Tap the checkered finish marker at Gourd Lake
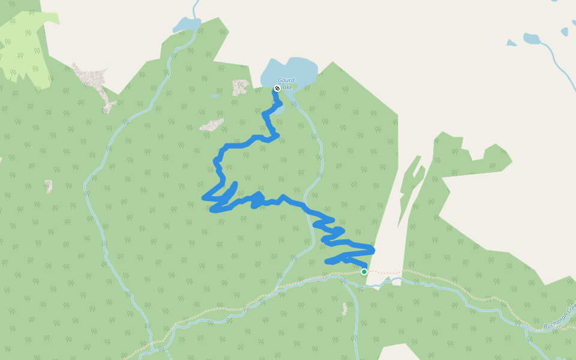(277, 88)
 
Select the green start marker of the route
(364, 272)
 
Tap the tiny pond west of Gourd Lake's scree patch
(215, 95)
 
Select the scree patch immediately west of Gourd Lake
(240, 86)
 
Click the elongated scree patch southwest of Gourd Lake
(211, 125)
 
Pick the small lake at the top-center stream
(186, 25)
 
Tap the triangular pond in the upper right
(511, 43)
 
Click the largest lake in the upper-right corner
(532, 39)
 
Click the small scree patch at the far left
(48, 185)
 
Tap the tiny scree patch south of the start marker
(344, 309)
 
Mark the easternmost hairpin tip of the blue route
(373, 249)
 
